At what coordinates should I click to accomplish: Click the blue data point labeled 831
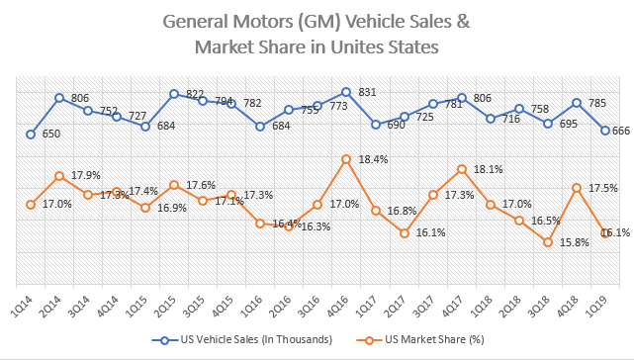346,92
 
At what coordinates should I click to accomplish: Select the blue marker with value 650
31,135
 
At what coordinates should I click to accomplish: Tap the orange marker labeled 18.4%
346,159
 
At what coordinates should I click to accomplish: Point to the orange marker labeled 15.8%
547,242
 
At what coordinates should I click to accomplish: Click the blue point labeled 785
576,103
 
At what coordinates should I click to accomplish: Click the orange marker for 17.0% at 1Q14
31,205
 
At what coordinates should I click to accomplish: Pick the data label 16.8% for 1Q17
401,210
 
